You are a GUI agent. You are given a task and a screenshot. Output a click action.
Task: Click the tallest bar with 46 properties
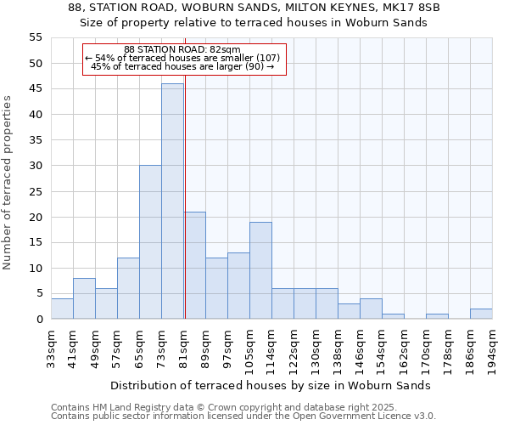pos(172,201)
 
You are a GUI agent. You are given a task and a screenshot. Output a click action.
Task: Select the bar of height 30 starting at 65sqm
pos(150,242)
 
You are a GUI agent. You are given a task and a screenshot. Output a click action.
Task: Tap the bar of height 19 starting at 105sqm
pos(260,270)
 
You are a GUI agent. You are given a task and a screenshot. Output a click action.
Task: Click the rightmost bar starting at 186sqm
pos(481,314)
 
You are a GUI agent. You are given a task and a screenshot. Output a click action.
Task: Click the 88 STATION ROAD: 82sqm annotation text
pos(182,49)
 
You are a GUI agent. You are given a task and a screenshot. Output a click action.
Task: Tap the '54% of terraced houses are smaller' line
pos(182,58)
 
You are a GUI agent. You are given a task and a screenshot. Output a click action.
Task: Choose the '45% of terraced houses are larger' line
pos(182,66)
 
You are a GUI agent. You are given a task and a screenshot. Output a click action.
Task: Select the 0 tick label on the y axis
pos(39,320)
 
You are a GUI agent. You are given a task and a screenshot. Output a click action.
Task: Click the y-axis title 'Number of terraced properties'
pos(8,182)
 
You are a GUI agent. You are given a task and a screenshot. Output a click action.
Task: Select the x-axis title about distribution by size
pos(271,385)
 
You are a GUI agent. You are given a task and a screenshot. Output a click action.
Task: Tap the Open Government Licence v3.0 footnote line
pos(243,416)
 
